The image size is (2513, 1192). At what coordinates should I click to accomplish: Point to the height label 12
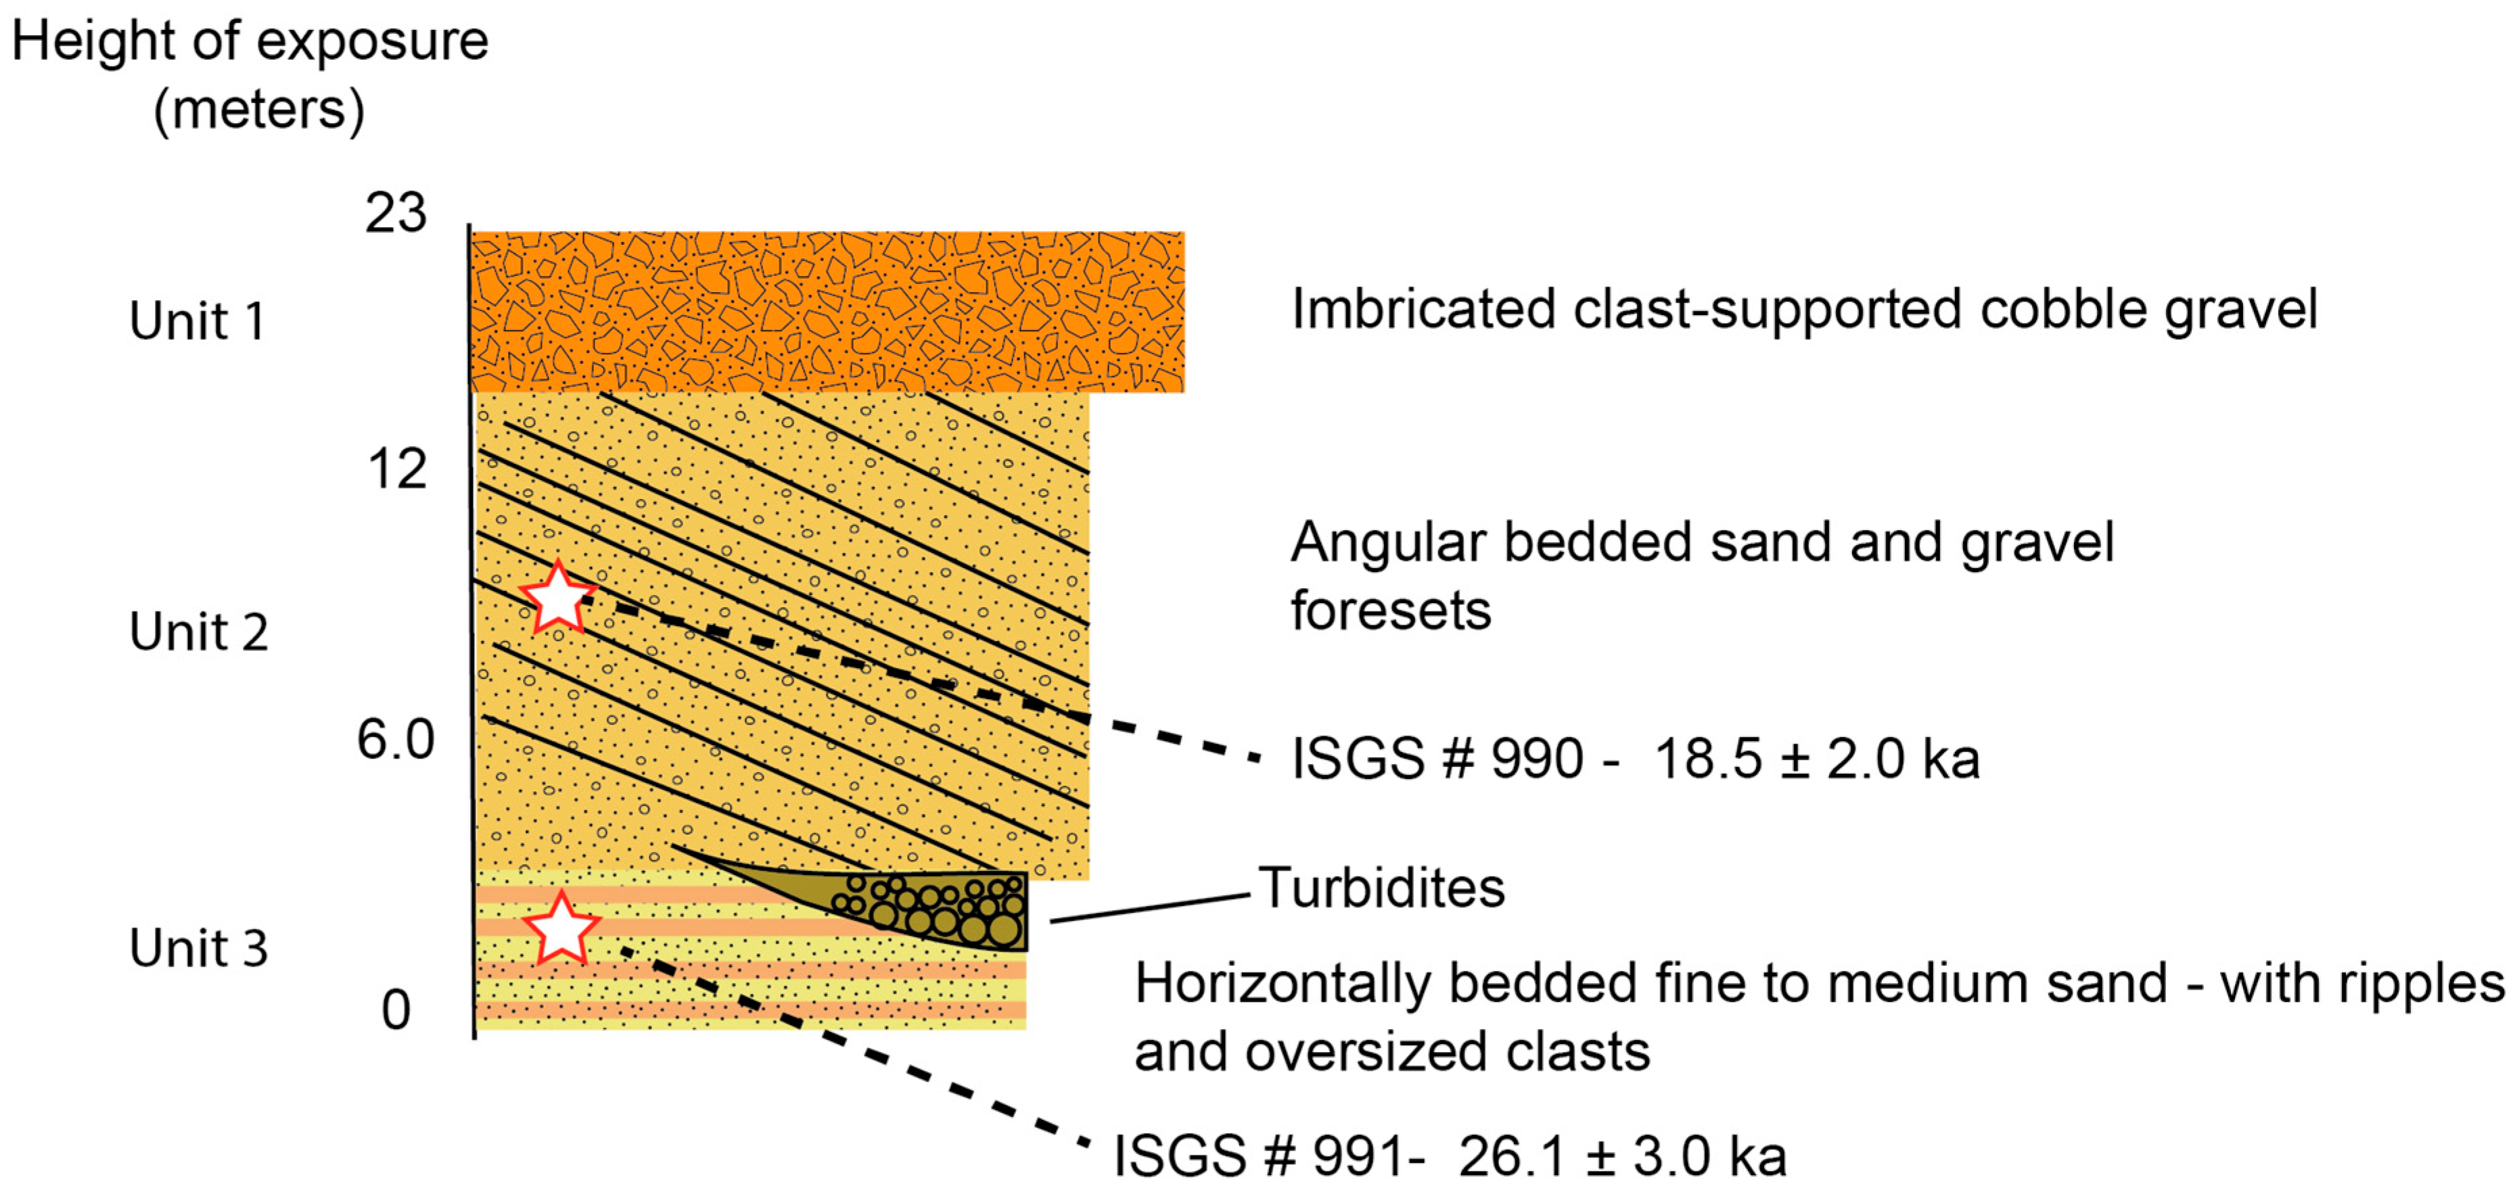[397, 469]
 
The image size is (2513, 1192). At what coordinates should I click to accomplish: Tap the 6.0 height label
[395, 740]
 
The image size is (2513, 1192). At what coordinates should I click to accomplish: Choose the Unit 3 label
[198, 947]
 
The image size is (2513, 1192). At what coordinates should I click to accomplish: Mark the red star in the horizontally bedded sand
[561, 927]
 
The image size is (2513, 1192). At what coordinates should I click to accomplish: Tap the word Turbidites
[1381, 888]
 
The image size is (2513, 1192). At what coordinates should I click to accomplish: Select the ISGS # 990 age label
[1635, 759]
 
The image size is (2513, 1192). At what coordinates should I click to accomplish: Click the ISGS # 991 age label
[1450, 1156]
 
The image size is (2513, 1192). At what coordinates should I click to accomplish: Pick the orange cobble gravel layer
[827, 312]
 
